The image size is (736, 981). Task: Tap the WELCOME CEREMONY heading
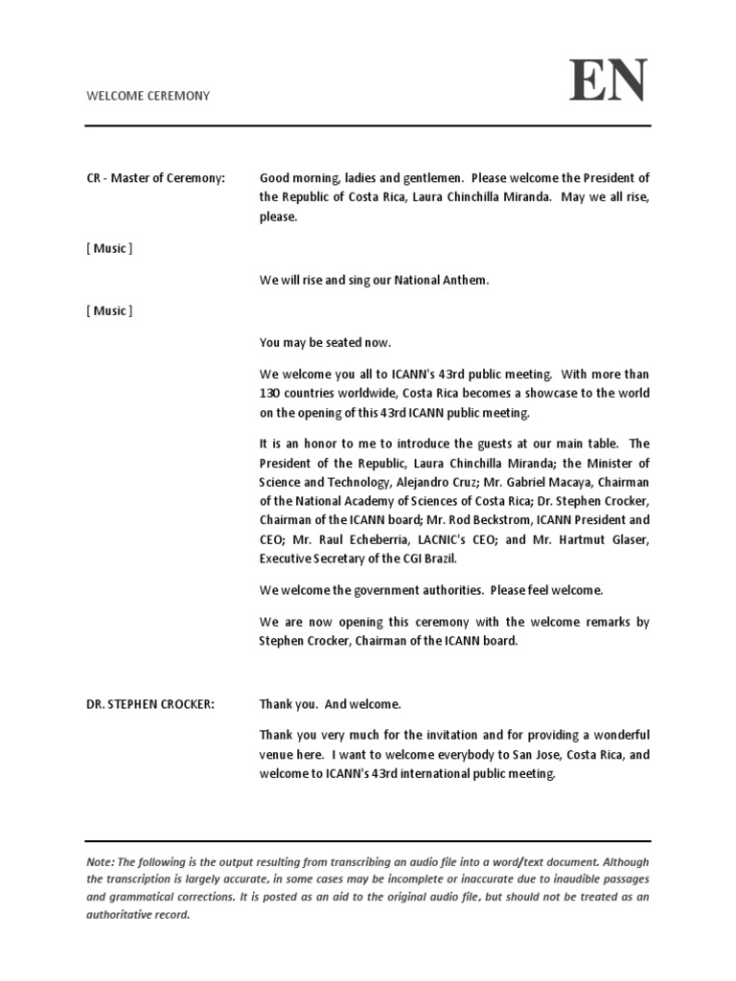coord(149,96)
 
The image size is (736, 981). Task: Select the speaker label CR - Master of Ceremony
coord(155,178)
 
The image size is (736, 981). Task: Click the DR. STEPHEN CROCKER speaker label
coord(150,704)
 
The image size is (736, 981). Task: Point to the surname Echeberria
coord(359,539)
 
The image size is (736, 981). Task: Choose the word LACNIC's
coord(436,539)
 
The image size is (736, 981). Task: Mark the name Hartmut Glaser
coord(605,539)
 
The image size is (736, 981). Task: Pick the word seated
coord(340,342)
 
